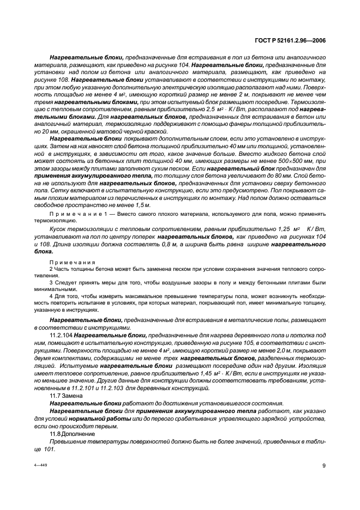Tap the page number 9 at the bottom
pos(324,465)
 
